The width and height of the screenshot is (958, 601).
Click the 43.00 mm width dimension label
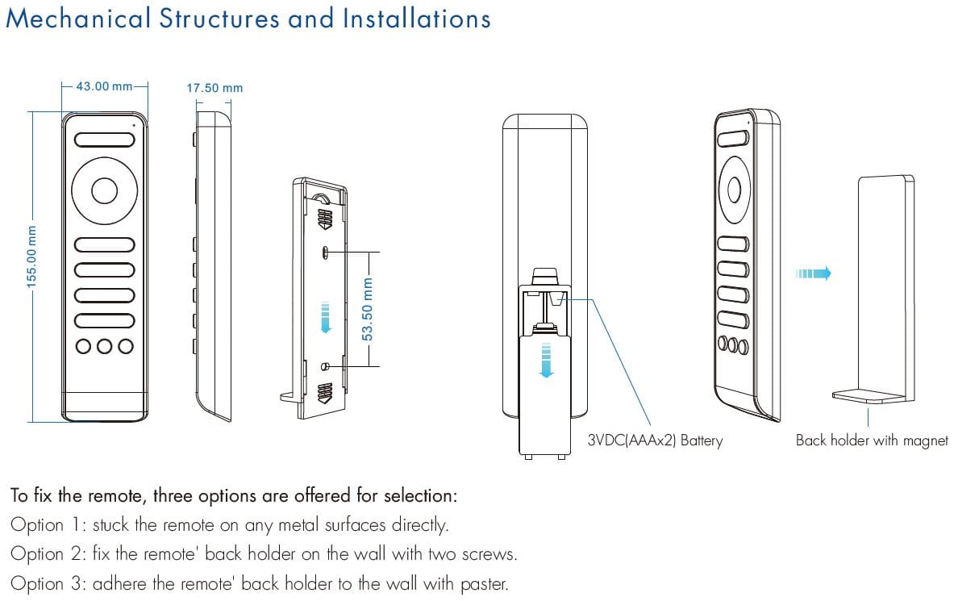click(x=104, y=86)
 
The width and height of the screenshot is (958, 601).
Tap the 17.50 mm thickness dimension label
click(x=215, y=88)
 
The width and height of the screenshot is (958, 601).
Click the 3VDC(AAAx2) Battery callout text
click(x=656, y=440)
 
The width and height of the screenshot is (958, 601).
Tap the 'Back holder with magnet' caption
click(x=872, y=440)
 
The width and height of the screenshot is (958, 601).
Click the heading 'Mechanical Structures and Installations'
click(x=248, y=19)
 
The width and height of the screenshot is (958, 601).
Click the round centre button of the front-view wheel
click(x=104, y=190)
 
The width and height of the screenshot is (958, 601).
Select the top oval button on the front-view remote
click(x=104, y=139)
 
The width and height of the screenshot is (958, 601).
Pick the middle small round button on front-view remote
click(x=104, y=346)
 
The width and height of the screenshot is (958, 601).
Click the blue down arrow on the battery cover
click(x=547, y=359)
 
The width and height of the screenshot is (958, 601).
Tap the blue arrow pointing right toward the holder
click(x=813, y=273)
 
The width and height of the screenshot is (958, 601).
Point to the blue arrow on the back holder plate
click(x=325, y=316)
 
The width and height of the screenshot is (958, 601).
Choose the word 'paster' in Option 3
click(x=485, y=583)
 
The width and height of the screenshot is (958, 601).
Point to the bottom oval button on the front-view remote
click(x=104, y=319)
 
